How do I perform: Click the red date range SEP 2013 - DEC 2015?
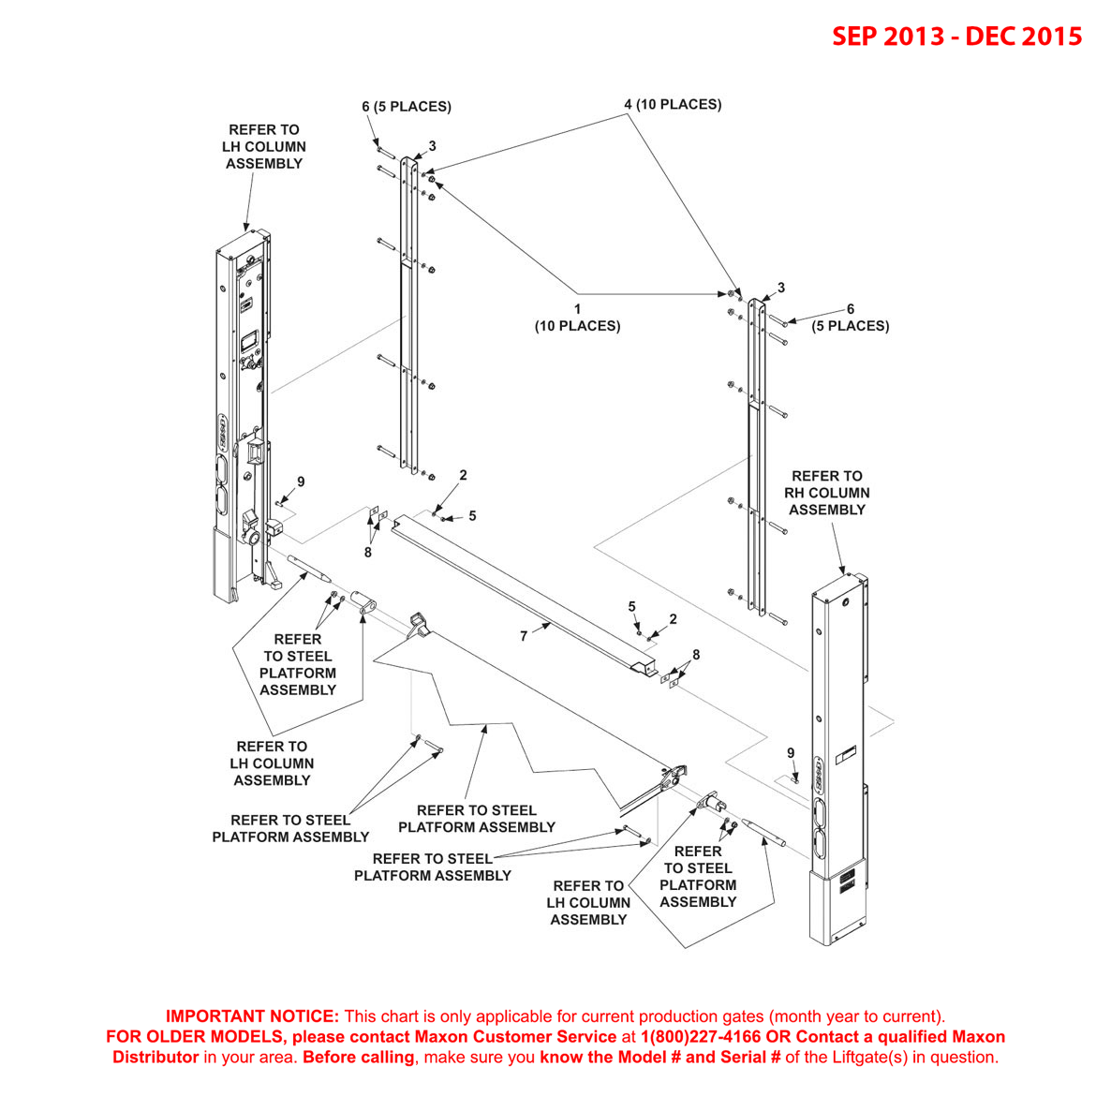point(956,37)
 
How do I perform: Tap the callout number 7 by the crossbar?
point(524,636)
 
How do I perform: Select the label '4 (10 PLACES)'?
point(673,104)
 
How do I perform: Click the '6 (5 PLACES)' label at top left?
point(407,107)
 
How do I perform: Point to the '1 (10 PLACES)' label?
point(577,318)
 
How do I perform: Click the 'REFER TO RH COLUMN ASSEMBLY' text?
point(827,493)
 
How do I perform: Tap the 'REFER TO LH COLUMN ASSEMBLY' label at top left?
point(264,147)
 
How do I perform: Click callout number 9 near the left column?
point(301,482)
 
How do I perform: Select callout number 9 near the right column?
point(791,753)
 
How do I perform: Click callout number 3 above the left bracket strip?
point(432,146)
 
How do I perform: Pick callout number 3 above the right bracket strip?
point(780,289)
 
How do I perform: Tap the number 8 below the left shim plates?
point(368,553)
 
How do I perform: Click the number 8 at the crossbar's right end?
point(696,655)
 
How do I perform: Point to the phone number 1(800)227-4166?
point(701,1037)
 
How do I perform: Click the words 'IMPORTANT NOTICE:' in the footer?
point(252,1016)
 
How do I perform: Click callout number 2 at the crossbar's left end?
point(463,476)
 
